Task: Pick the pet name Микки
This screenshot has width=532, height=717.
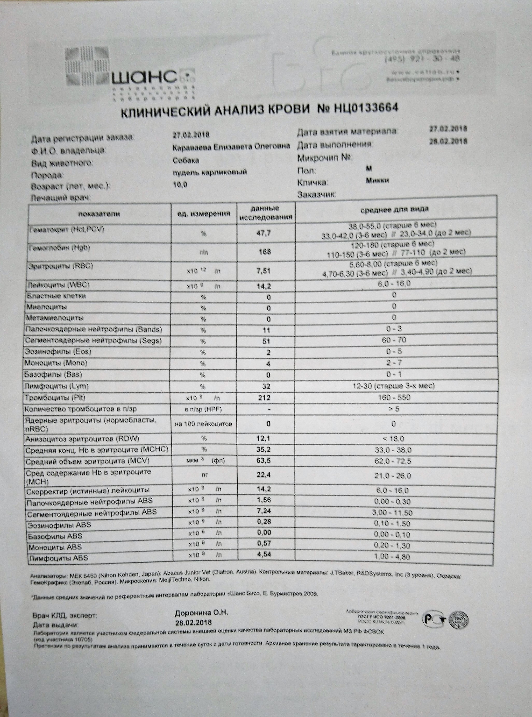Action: click(377, 180)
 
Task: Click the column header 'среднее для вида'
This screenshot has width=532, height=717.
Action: click(394, 210)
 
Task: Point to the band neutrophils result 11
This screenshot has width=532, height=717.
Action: click(266, 330)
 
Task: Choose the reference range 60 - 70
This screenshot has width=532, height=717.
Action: click(394, 340)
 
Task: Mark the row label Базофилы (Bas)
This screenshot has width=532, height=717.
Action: click(53, 374)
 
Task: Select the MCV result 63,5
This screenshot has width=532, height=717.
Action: click(264, 461)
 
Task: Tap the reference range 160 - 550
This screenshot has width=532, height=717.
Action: click(394, 397)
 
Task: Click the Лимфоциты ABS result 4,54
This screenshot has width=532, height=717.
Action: click(264, 554)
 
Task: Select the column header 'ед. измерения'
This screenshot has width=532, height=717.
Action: click(204, 213)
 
